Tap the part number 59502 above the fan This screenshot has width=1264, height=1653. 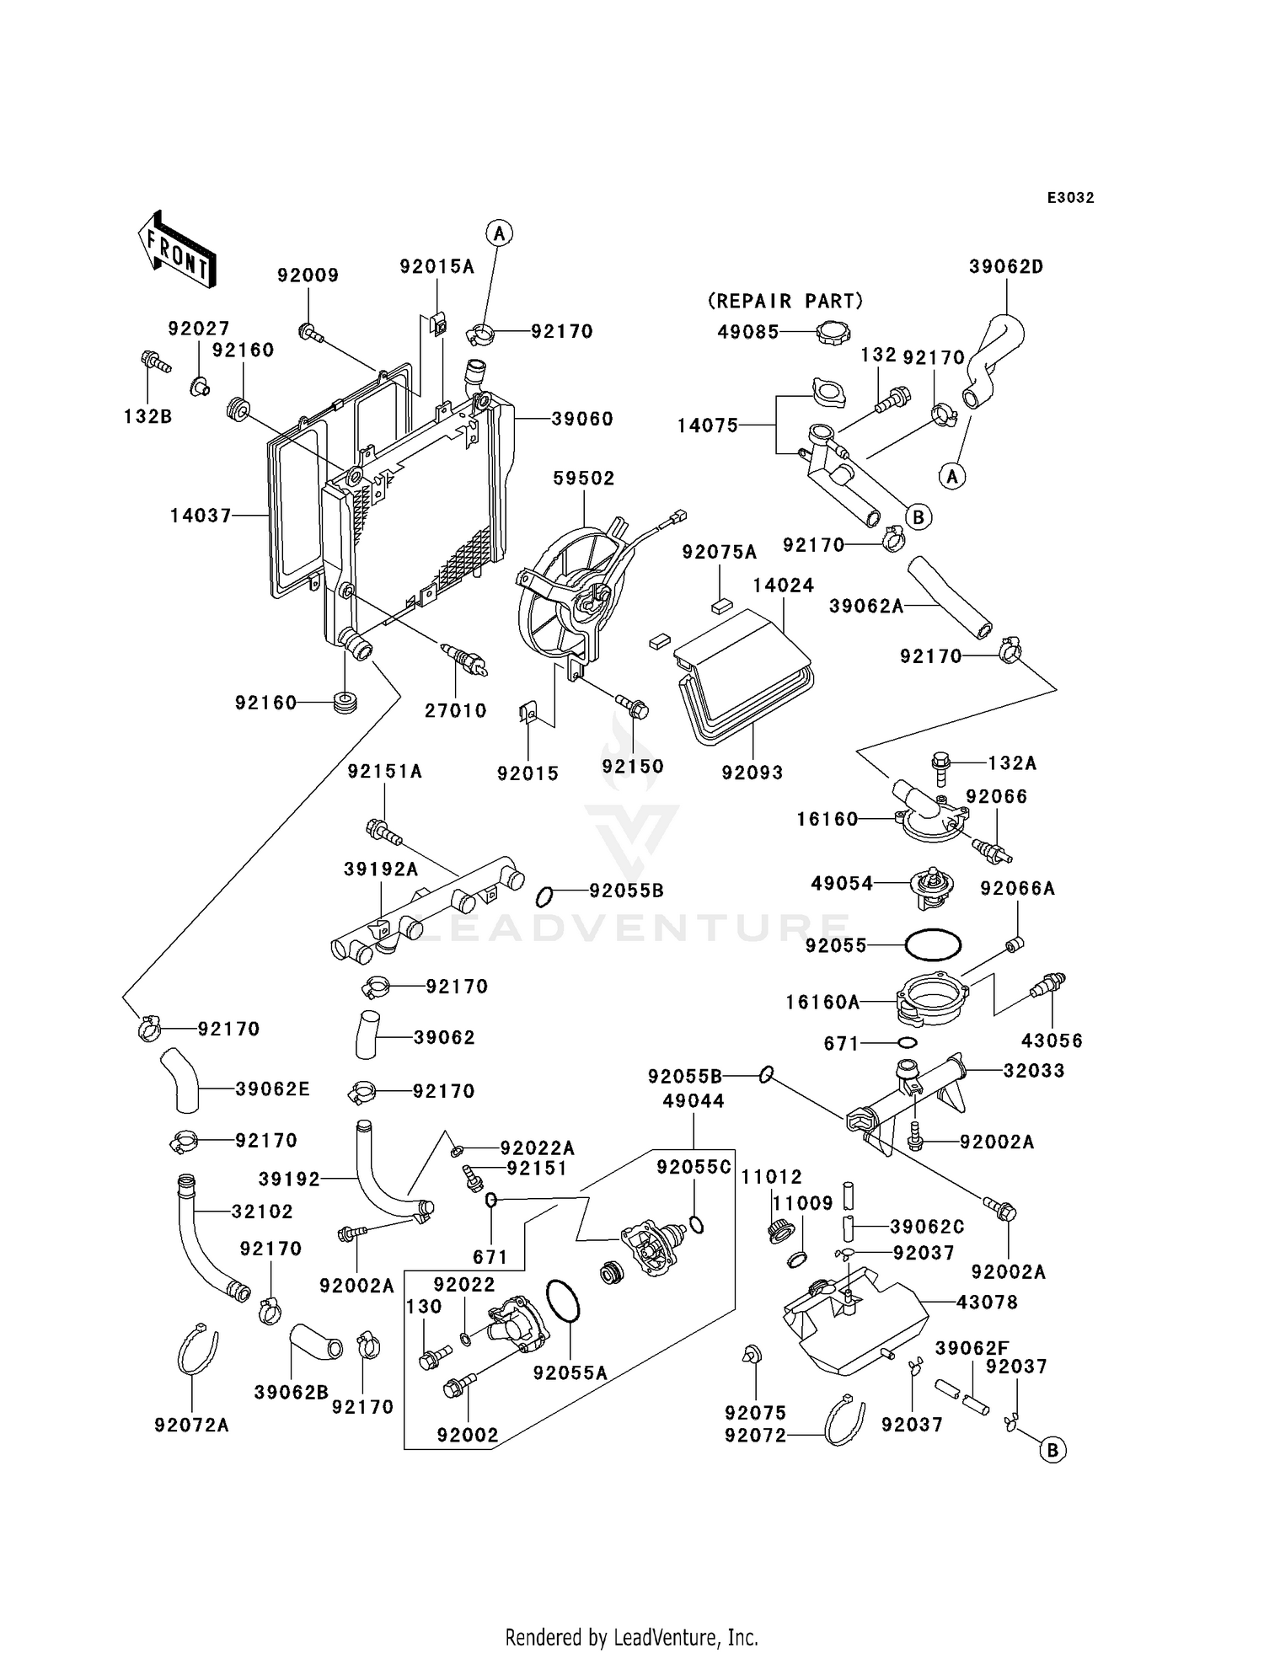pos(583,479)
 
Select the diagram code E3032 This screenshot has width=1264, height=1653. pos(1070,198)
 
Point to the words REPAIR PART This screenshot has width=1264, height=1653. pos(785,301)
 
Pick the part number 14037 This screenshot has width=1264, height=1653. pos(201,515)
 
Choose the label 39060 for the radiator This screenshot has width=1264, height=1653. pos(582,419)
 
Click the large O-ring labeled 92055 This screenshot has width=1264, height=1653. pos(933,945)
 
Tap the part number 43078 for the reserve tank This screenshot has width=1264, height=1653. pos(987,1303)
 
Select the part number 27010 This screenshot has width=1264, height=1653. pos(455,710)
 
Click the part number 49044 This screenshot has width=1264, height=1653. pos(694,1100)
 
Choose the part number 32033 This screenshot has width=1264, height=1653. pos(1034,1071)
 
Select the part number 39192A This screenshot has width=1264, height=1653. pos(381,869)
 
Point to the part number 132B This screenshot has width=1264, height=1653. pos(147,416)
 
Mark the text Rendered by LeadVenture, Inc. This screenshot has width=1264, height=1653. pos(631,1637)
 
